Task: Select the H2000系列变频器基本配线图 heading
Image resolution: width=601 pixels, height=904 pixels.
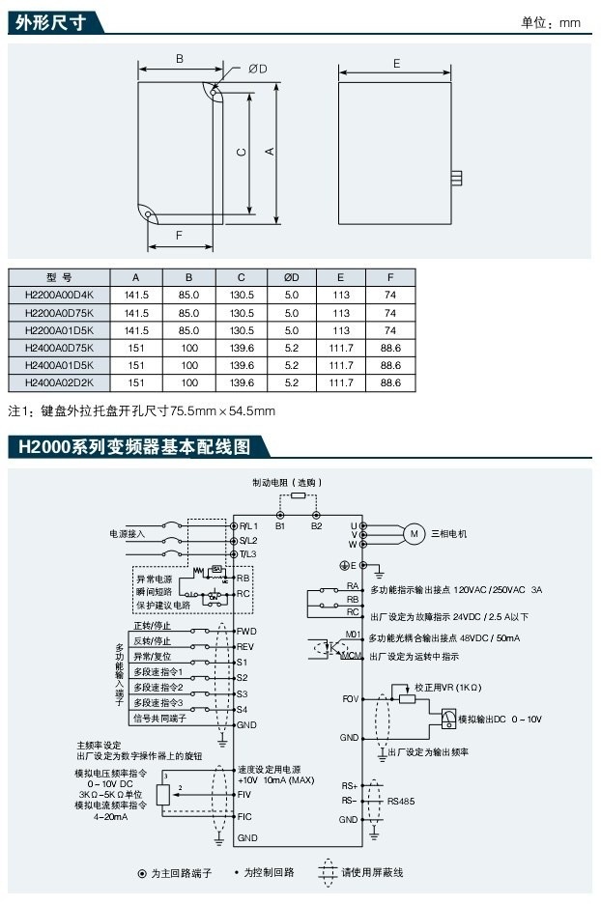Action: click(x=129, y=447)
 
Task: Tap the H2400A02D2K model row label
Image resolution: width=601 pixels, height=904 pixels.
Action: click(x=59, y=383)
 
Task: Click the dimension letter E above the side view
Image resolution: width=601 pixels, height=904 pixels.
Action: click(x=396, y=63)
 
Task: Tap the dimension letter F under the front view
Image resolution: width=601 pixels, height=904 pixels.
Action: click(x=179, y=235)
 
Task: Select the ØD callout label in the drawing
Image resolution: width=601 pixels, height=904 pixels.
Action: click(x=257, y=68)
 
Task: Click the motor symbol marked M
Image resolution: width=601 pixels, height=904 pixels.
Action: click(x=412, y=534)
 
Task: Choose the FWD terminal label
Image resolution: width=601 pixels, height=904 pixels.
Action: click(x=246, y=631)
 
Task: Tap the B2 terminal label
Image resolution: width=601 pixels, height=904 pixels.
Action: click(x=316, y=526)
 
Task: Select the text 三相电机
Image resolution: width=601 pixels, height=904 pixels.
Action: click(x=448, y=533)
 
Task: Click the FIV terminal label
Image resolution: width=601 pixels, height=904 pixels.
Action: click(x=244, y=793)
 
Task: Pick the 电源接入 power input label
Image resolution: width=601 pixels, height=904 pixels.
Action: click(x=127, y=533)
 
